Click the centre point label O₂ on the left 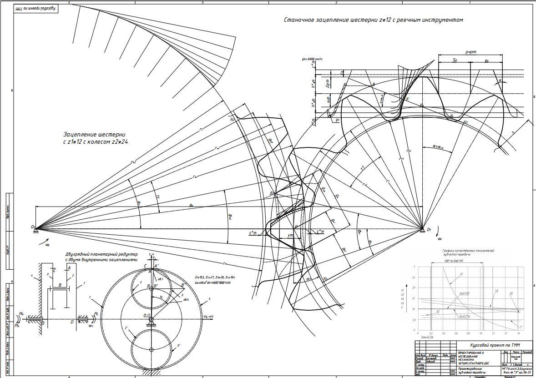(x=33, y=227)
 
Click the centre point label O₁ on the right (x=429, y=230)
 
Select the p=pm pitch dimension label (x=470, y=52)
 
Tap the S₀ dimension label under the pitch (x=455, y=60)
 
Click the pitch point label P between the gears (x=296, y=226)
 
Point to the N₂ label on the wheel (x=232, y=119)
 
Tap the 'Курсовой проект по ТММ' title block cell (x=488, y=345)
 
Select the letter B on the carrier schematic (x=60, y=285)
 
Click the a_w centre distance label (x=191, y=206)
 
